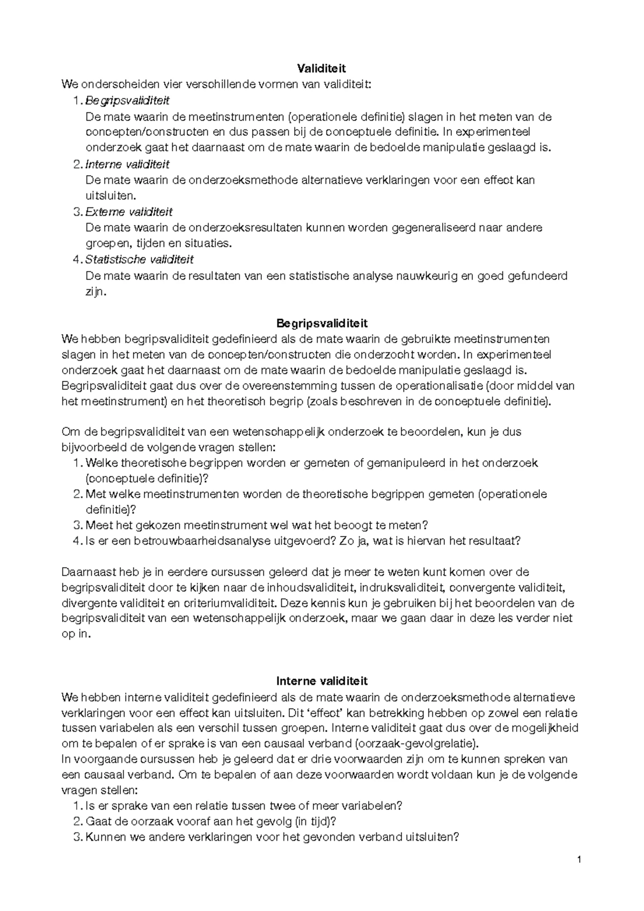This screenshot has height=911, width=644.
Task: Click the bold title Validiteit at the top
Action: pos(321,69)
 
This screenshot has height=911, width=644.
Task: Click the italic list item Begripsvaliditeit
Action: pos(127,100)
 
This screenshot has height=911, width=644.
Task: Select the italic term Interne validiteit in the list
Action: pos(127,164)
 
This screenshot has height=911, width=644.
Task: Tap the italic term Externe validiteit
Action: pos(129,212)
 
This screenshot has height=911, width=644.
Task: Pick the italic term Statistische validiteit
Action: pos(140,259)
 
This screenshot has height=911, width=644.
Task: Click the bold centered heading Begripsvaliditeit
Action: pos(321,323)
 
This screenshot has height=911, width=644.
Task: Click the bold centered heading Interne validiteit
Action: pos(321,681)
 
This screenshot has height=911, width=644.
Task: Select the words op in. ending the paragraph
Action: pos(77,634)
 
